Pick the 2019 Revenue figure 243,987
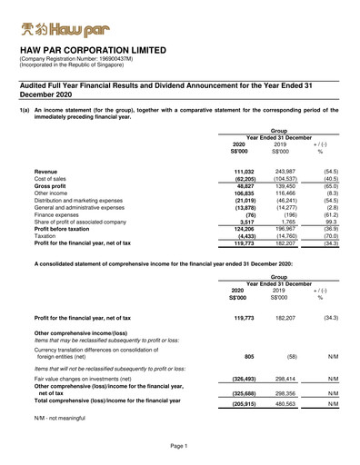coord(285,171)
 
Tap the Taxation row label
coord(48,241)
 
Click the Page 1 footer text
coord(179,446)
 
